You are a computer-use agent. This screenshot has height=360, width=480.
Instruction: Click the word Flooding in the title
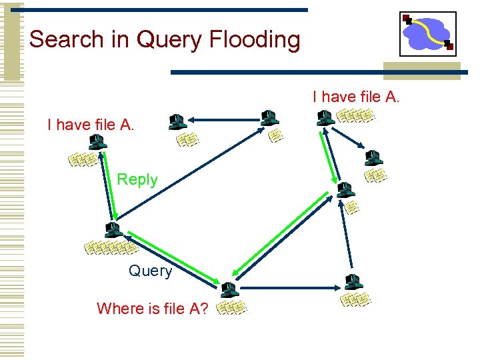(254, 40)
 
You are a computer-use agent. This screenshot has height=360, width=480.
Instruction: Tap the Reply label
(137, 179)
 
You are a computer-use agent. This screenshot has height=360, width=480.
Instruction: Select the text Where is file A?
(153, 308)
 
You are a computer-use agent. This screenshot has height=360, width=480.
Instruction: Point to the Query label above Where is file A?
(150, 271)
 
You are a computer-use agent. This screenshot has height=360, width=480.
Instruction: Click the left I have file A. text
(91, 124)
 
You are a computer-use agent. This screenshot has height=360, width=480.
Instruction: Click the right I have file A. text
(356, 97)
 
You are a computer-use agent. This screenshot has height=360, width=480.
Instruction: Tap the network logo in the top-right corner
(427, 34)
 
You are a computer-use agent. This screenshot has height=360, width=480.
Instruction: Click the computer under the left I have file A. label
(97, 142)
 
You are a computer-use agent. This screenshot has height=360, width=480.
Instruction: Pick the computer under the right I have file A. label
(325, 118)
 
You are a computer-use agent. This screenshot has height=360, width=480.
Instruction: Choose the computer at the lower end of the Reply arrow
(113, 231)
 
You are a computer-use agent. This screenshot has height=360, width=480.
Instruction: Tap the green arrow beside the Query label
(173, 257)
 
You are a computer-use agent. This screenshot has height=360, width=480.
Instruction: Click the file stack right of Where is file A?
(233, 308)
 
